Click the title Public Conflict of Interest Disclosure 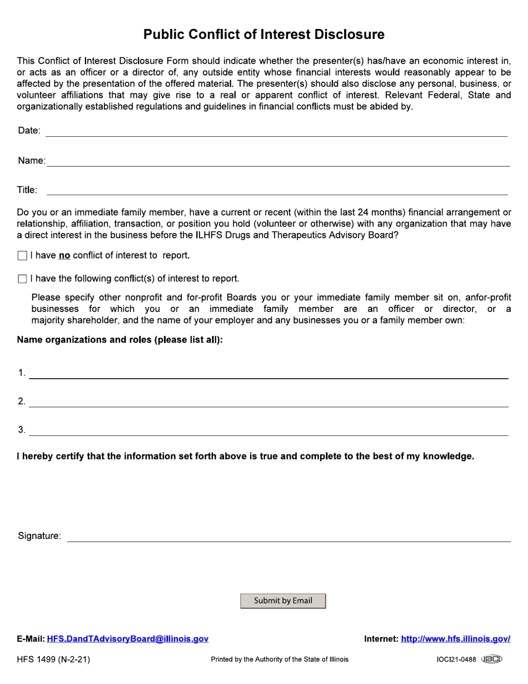point(263,34)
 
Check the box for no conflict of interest point(22,256)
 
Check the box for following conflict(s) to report point(22,279)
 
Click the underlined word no point(64,256)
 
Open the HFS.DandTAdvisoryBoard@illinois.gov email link point(128,639)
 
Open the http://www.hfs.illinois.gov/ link point(455,639)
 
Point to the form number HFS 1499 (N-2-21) point(53,660)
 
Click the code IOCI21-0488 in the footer point(456,660)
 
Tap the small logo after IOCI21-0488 point(491,660)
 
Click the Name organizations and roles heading point(119,340)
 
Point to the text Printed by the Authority point(280,660)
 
